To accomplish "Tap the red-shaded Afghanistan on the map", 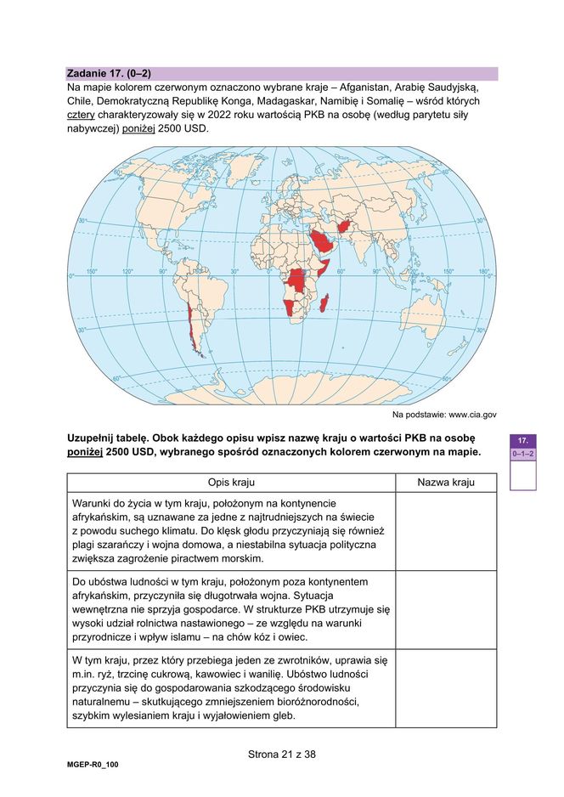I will click(x=344, y=227).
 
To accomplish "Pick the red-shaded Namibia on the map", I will click(x=292, y=306).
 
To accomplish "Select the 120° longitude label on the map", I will click(x=127, y=273).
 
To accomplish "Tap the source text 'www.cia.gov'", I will click(x=472, y=415).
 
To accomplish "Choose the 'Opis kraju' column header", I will click(x=231, y=483).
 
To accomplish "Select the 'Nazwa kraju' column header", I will click(x=445, y=483).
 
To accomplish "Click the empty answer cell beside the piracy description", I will click(x=445, y=531).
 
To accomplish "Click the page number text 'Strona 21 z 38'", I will click(x=282, y=754).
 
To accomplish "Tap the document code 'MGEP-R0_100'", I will click(x=93, y=765).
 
